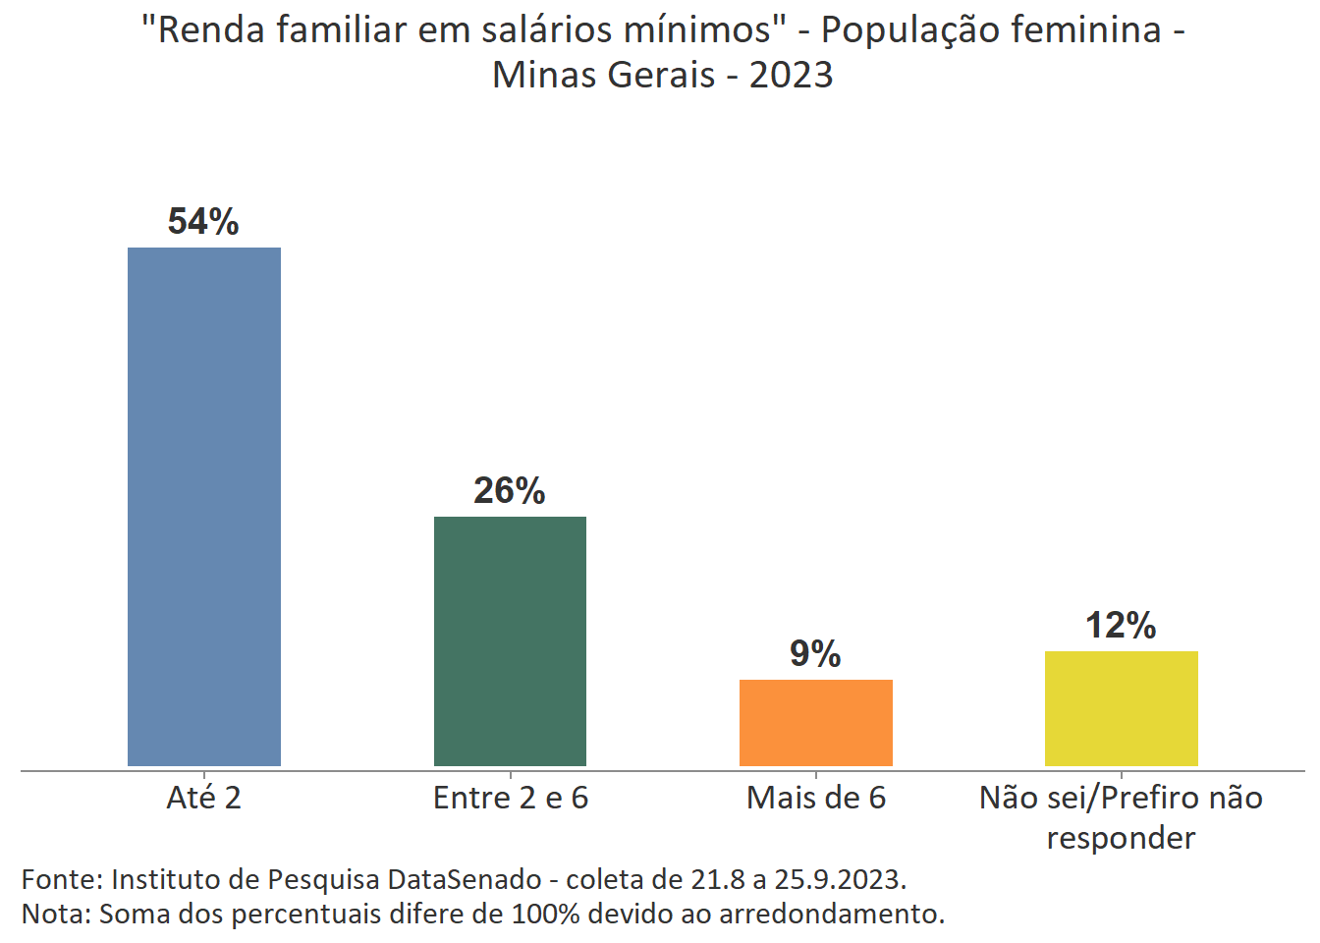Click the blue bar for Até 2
[204, 506]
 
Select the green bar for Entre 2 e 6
[510, 640]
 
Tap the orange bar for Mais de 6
[815, 722]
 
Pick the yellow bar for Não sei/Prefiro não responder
[1121, 707]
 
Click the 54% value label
[203, 222]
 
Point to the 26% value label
[509, 491]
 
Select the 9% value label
[815, 654]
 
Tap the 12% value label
[1121, 626]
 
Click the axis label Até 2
[203, 798]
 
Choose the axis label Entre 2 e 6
[510, 798]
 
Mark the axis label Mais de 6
[815, 798]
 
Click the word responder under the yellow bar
[1121, 838]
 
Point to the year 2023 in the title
[791, 75]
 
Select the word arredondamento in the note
[831, 914]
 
